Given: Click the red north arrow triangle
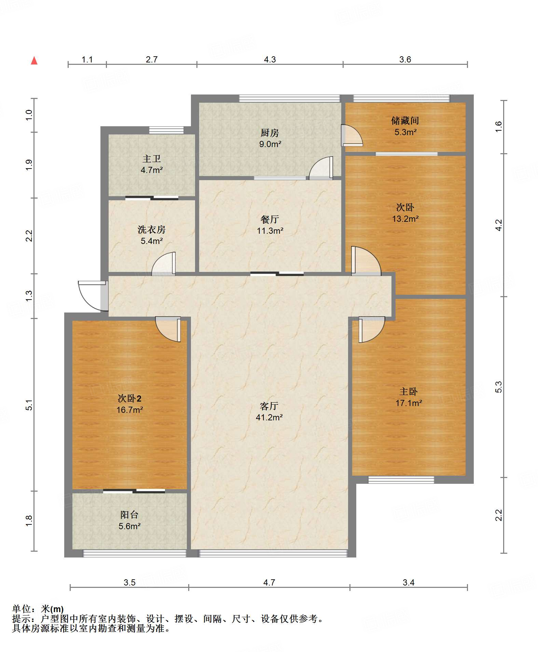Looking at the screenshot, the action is (x=34, y=61).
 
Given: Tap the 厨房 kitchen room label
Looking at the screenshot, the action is (x=270, y=133).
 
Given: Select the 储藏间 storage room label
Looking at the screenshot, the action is (x=405, y=120).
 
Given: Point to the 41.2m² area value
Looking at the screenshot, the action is (x=269, y=417).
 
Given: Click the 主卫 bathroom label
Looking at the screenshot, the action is (x=152, y=159).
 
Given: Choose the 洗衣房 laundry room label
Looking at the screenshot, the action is (x=152, y=230).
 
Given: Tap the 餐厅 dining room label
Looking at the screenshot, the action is (x=270, y=219).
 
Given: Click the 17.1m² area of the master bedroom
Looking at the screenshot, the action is (x=409, y=403).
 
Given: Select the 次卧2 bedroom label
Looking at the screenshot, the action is (x=129, y=398).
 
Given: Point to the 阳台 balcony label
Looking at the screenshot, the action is (x=129, y=515).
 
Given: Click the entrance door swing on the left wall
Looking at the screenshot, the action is (x=92, y=296).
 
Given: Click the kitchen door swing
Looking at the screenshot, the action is (x=321, y=168).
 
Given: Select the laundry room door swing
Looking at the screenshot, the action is (x=164, y=263).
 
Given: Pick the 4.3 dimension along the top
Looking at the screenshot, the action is (x=270, y=59).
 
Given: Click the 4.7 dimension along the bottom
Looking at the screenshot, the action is (x=269, y=582).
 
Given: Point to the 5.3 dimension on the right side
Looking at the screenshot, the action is (x=498, y=387).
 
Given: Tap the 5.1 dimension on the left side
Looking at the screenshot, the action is (x=29, y=405).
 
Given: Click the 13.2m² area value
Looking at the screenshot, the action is (x=405, y=219).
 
